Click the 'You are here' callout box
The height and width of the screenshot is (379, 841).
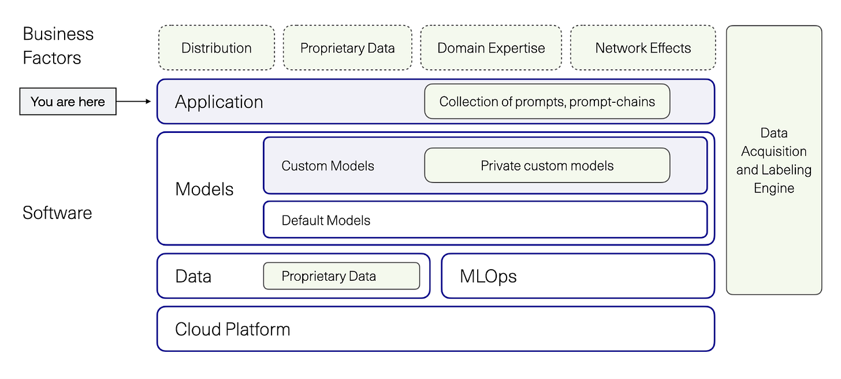point(68,102)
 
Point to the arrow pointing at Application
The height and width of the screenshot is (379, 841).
point(134,102)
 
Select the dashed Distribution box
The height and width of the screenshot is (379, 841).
point(216,48)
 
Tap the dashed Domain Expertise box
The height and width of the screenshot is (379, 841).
point(491,48)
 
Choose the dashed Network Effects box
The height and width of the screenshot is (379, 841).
point(643,48)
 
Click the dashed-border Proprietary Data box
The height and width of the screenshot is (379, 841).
point(347,48)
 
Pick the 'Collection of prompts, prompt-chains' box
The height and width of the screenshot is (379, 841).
point(547,102)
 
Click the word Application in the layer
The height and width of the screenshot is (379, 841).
point(219,102)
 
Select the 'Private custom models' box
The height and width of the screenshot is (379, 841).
point(547,166)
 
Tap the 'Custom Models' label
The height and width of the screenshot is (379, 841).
point(328,166)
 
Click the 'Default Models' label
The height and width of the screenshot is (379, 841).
point(326,220)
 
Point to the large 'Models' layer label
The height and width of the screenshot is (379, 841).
point(204,189)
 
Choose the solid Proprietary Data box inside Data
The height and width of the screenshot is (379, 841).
point(341,276)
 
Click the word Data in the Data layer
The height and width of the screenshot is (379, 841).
point(193,276)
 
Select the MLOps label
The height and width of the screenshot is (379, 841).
point(488,276)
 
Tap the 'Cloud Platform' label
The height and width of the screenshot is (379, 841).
point(232,329)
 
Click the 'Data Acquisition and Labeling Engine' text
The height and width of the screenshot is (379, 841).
point(773,160)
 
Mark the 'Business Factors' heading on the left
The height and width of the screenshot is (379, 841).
point(58,46)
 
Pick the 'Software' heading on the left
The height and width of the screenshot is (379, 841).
point(57,213)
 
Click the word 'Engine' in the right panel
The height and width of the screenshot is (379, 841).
point(773,188)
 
